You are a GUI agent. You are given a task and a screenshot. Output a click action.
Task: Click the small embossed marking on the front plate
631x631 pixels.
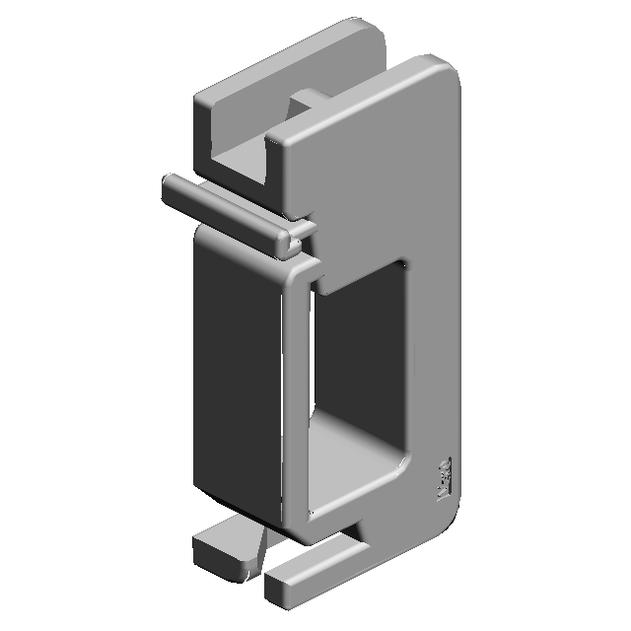444,477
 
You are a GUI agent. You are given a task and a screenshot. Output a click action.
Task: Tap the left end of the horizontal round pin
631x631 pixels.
169,187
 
